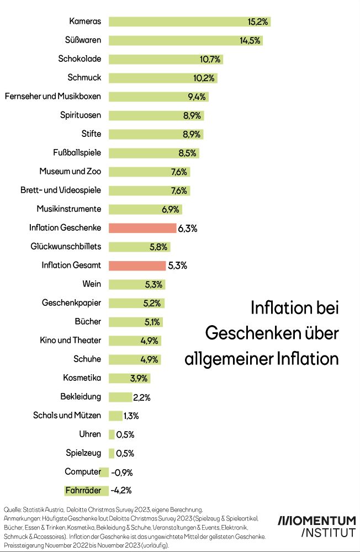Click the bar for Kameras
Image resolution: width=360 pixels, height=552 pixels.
pyautogui.click(x=189, y=22)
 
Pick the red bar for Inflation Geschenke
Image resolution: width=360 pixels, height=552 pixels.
pyautogui.click(x=142, y=228)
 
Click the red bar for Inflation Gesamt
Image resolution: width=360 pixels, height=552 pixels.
pyautogui.click(x=137, y=266)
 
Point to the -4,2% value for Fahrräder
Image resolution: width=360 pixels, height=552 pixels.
pyautogui.click(x=121, y=490)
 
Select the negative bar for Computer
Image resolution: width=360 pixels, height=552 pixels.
pyautogui.click(x=104, y=472)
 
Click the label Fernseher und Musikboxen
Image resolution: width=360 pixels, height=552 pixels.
pyautogui.click(x=52, y=97)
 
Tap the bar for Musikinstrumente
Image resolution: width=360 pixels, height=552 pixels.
pyautogui.click(x=145, y=209)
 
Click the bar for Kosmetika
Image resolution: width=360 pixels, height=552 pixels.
pyautogui.click(x=129, y=378)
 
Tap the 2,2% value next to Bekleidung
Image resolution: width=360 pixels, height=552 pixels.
pyautogui.click(x=142, y=397)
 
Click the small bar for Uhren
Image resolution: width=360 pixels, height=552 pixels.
pyautogui.click(x=112, y=434)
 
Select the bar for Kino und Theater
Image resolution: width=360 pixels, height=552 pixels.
pyautogui.click(x=135, y=341)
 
